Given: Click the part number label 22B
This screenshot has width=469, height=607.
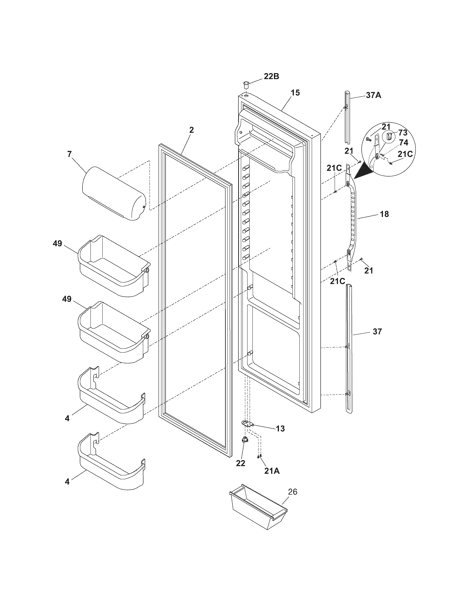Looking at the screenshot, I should [271, 76].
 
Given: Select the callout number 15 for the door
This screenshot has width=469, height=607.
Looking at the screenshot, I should [295, 92].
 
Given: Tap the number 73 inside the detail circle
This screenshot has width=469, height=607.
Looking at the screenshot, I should [403, 132].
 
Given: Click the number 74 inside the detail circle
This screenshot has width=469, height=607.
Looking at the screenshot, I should [403, 143].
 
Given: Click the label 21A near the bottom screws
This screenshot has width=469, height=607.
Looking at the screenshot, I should [272, 471].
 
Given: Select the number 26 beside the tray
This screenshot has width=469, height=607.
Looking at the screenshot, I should [292, 492].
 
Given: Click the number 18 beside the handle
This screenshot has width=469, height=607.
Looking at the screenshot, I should [384, 214].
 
